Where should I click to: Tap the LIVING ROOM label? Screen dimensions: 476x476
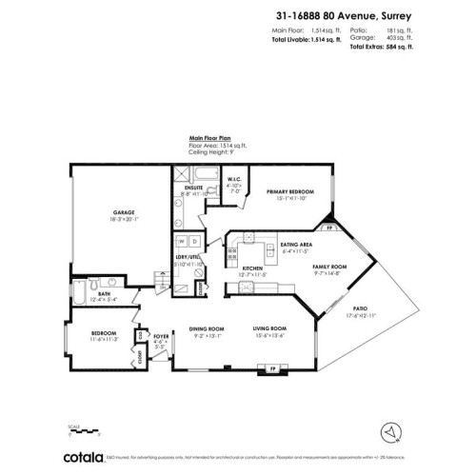(x=269, y=327)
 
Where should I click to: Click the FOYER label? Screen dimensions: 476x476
(x=161, y=336)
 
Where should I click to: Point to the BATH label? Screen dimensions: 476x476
(x=105, y=294)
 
